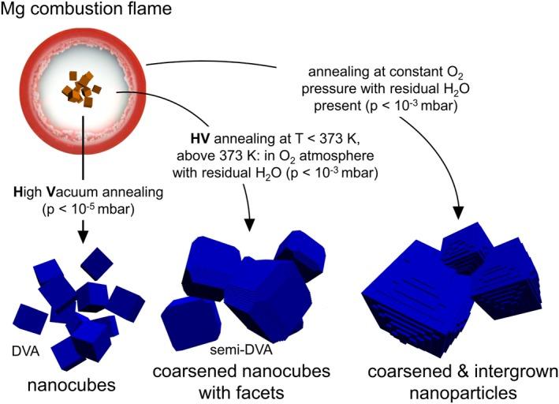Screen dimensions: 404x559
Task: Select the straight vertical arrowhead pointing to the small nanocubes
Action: (82, 233)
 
